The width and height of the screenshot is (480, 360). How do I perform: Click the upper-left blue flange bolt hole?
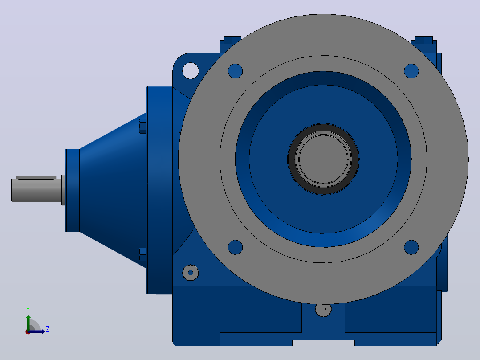235,71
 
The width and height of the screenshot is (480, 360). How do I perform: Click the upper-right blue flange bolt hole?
411,71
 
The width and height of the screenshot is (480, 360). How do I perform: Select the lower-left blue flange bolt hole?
235,247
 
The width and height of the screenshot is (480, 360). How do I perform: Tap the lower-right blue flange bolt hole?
411,247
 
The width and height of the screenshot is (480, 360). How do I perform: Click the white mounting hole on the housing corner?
191,71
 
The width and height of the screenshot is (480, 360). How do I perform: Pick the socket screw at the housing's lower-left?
191,273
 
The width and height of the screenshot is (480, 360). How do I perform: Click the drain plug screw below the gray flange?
323,309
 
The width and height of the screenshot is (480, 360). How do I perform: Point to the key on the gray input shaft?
36,178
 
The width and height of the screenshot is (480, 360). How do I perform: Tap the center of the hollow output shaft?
323,159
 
